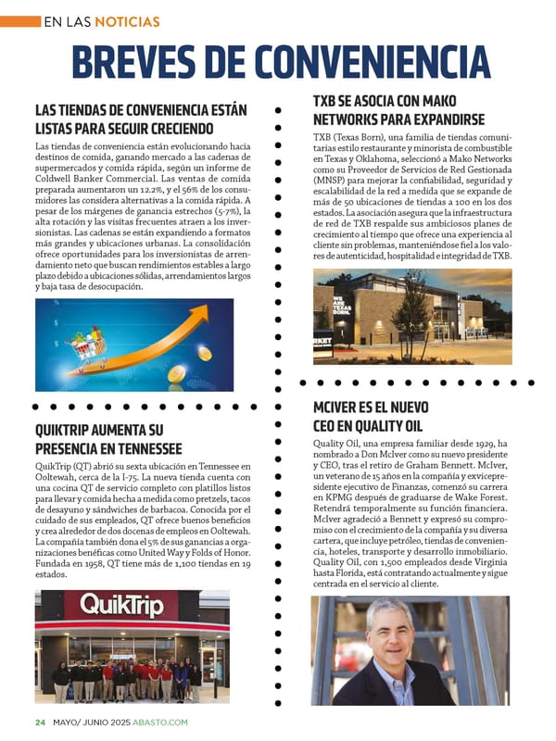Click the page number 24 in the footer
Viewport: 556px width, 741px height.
pos(40,722)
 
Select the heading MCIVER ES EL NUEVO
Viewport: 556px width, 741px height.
pos(371,407)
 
